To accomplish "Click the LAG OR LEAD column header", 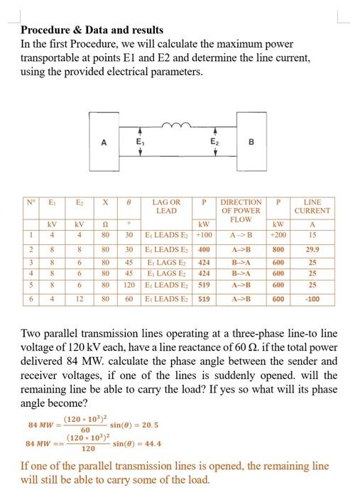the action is click(x=165, y=207).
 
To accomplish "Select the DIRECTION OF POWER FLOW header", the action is click(x=241, y=210).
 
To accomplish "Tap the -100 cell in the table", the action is click(x=312, y=299).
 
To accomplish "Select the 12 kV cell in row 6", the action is click(x=81, y=299).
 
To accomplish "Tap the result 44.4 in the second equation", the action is click(x=132, y=442).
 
